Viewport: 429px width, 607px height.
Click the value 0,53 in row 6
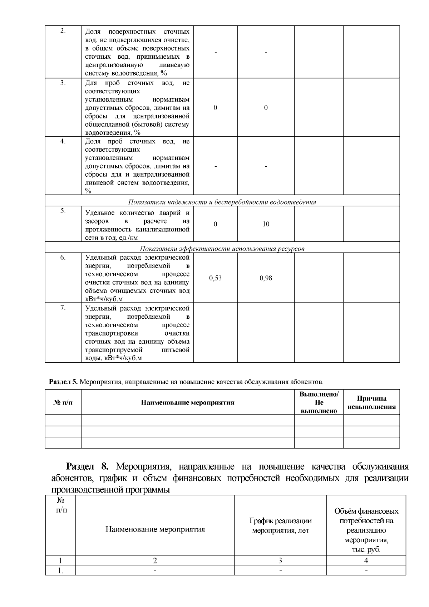215,278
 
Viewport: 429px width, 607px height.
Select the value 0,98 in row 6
266,278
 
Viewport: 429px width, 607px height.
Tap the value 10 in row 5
266,224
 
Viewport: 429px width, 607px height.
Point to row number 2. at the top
63,31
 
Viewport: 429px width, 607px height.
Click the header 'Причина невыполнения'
371,402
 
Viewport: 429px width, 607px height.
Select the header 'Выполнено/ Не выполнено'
319,402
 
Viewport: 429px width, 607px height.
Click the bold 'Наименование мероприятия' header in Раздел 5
188,402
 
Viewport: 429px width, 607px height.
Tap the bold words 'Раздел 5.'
63,382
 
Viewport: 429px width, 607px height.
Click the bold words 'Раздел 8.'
87,466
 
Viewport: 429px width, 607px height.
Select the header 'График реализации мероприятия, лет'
280,525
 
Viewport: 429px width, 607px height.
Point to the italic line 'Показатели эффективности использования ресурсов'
222,249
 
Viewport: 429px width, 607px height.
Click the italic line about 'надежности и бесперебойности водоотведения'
222,202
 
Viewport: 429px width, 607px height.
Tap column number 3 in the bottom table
280,561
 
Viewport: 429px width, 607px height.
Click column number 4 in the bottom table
366,561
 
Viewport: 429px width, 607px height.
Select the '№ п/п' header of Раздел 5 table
63,402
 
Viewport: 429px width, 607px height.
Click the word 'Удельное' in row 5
98,213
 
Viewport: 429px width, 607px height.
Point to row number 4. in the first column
63,141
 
